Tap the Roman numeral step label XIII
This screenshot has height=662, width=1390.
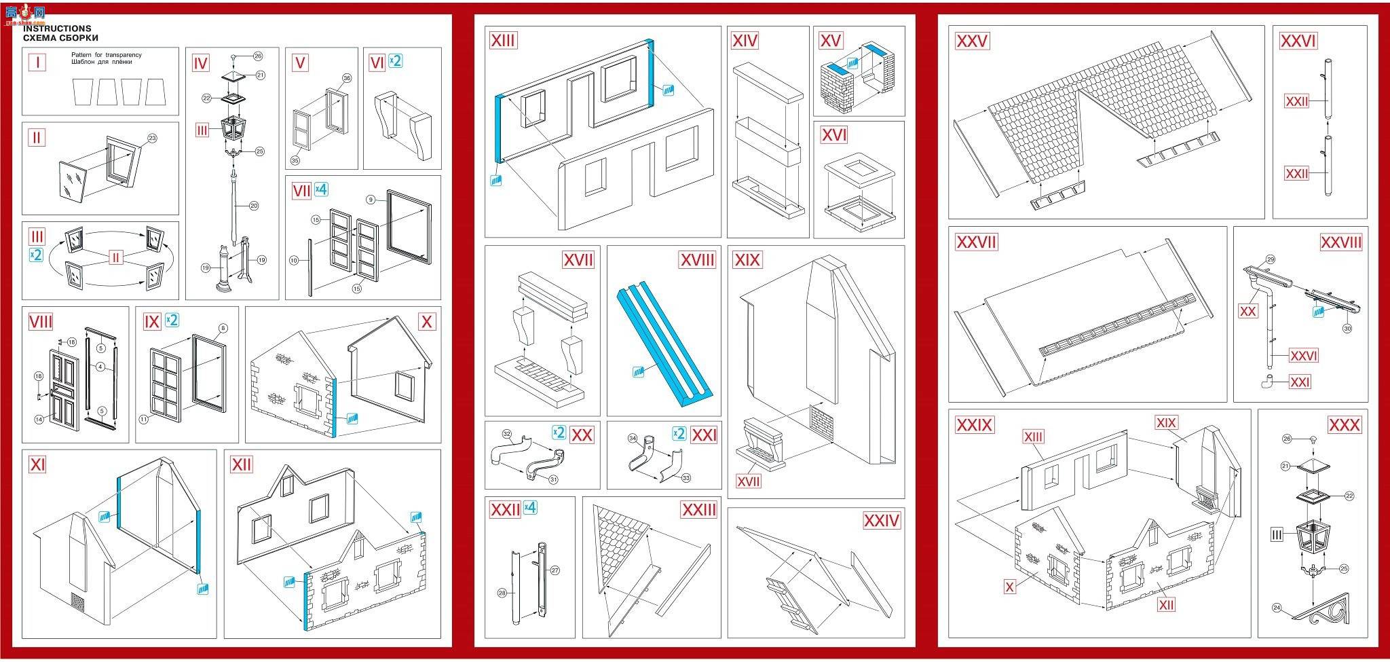pos(503,41)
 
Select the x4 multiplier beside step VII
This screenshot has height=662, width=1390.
pos(321,191)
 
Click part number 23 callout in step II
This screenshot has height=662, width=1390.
pos(152,138)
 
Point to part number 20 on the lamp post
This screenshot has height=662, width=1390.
pos(254,206)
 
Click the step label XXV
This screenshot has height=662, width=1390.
pos(972,41)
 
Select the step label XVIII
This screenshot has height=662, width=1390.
pos(697,260)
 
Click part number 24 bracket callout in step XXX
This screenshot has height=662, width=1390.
pos(1277,608)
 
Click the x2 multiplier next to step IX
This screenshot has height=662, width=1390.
pos(172,320)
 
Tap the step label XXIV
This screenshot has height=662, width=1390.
pos(881,521)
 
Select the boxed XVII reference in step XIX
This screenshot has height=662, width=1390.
pos(749,481)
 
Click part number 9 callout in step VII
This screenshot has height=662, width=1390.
pos(371,200)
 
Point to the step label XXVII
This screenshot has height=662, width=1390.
pos(976,242)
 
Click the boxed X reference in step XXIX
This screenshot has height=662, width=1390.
pos(1010,587)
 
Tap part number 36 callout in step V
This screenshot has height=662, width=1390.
pos(347,78)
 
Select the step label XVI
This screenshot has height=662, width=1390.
pos(834,135)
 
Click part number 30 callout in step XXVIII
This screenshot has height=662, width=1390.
pos(1347,329)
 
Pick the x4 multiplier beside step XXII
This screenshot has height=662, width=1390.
pos(530,507)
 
